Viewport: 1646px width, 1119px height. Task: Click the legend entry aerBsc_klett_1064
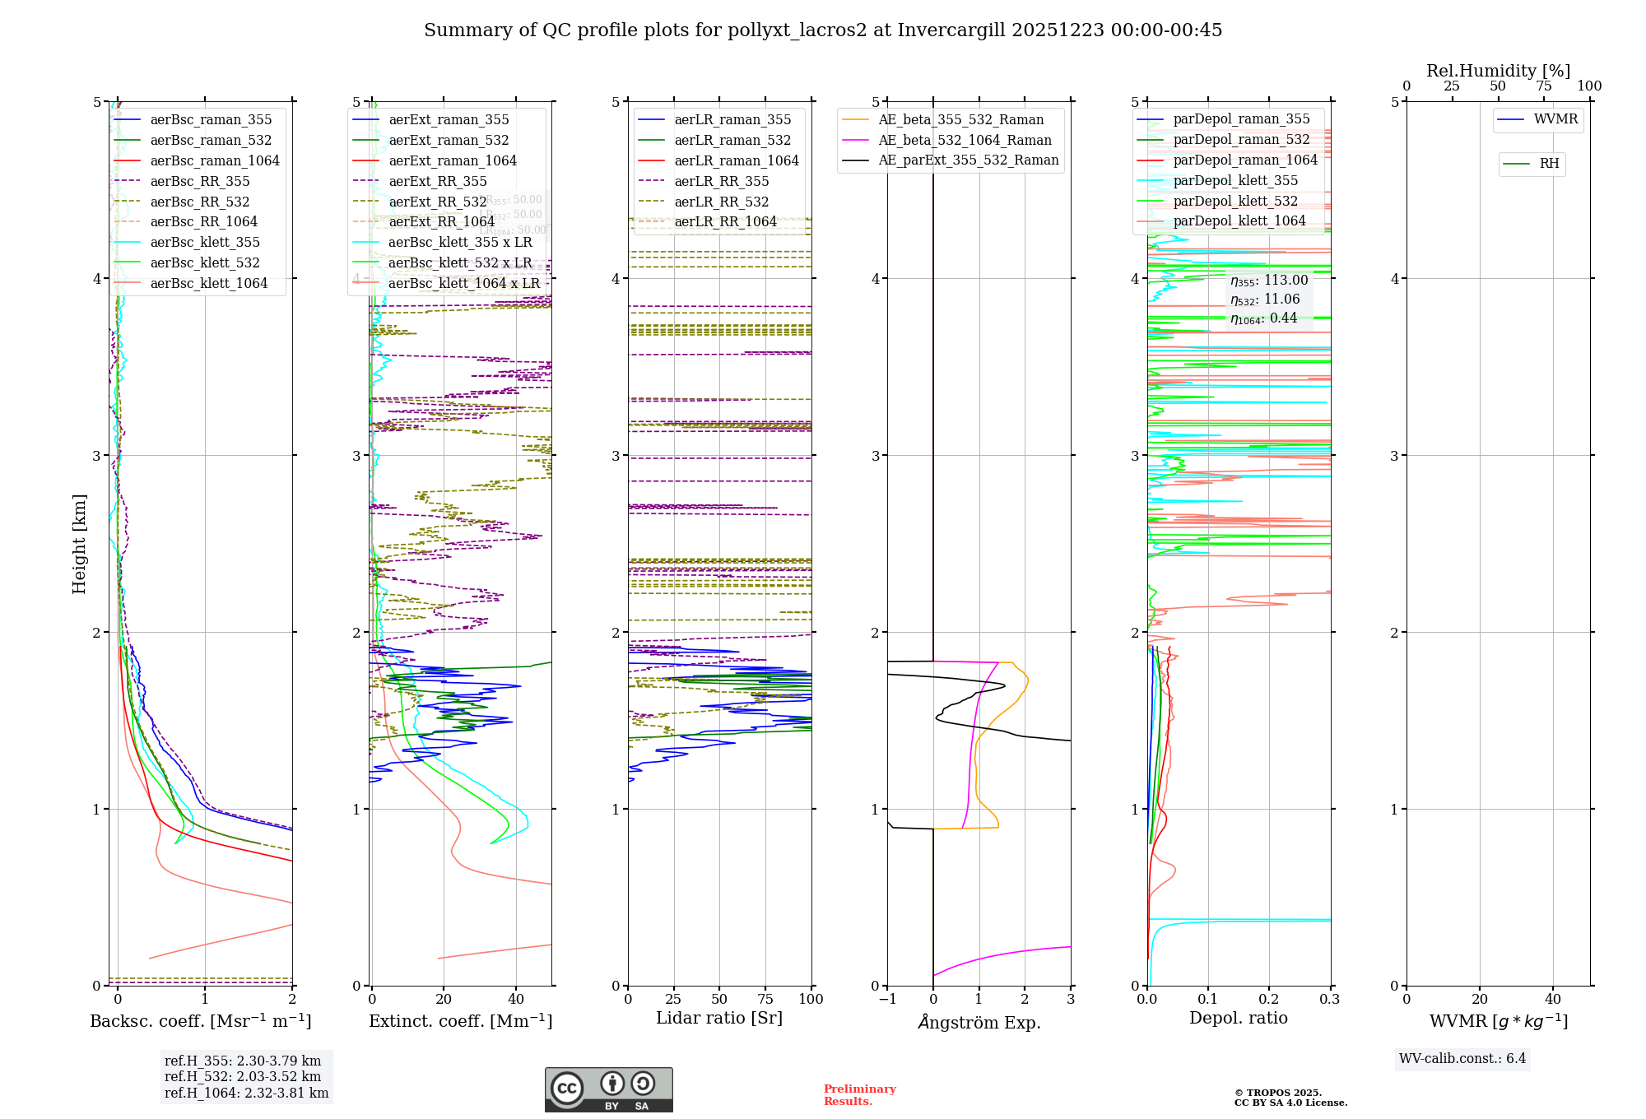tap(208, 283)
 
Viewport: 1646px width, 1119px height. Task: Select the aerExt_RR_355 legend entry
tap(437, 181)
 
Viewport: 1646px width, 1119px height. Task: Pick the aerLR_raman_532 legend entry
tap(732, 140)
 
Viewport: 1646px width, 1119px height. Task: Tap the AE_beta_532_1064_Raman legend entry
tap(965, 140)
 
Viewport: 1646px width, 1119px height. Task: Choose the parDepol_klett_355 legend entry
tap(1234, 180)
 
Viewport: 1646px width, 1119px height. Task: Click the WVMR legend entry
tap(1555, 119)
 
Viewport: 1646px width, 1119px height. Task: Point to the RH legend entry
tap(1549, 164)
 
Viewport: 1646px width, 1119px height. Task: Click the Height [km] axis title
tap(79, 543)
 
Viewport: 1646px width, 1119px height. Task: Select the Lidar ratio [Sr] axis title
tap(718, 1018)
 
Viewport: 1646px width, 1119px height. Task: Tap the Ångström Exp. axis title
tap(979, 1022)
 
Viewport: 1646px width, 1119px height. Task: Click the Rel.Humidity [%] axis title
tap(1498, 71)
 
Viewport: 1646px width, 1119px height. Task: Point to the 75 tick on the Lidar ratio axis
tap(765, 999)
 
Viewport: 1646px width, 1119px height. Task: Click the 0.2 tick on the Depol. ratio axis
tap(1269, 999)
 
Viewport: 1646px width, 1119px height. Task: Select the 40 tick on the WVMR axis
tap(1552, 999)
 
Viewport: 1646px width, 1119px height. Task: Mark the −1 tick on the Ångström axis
tap(887, 999)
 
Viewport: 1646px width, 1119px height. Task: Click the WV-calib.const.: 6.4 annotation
tap(1462, 1058)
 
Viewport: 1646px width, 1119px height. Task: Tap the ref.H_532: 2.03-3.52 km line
tap(243, 1076)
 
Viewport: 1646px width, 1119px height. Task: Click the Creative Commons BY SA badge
tap(608, 1089)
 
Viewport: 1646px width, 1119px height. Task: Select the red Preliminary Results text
tap(859, 1094)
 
